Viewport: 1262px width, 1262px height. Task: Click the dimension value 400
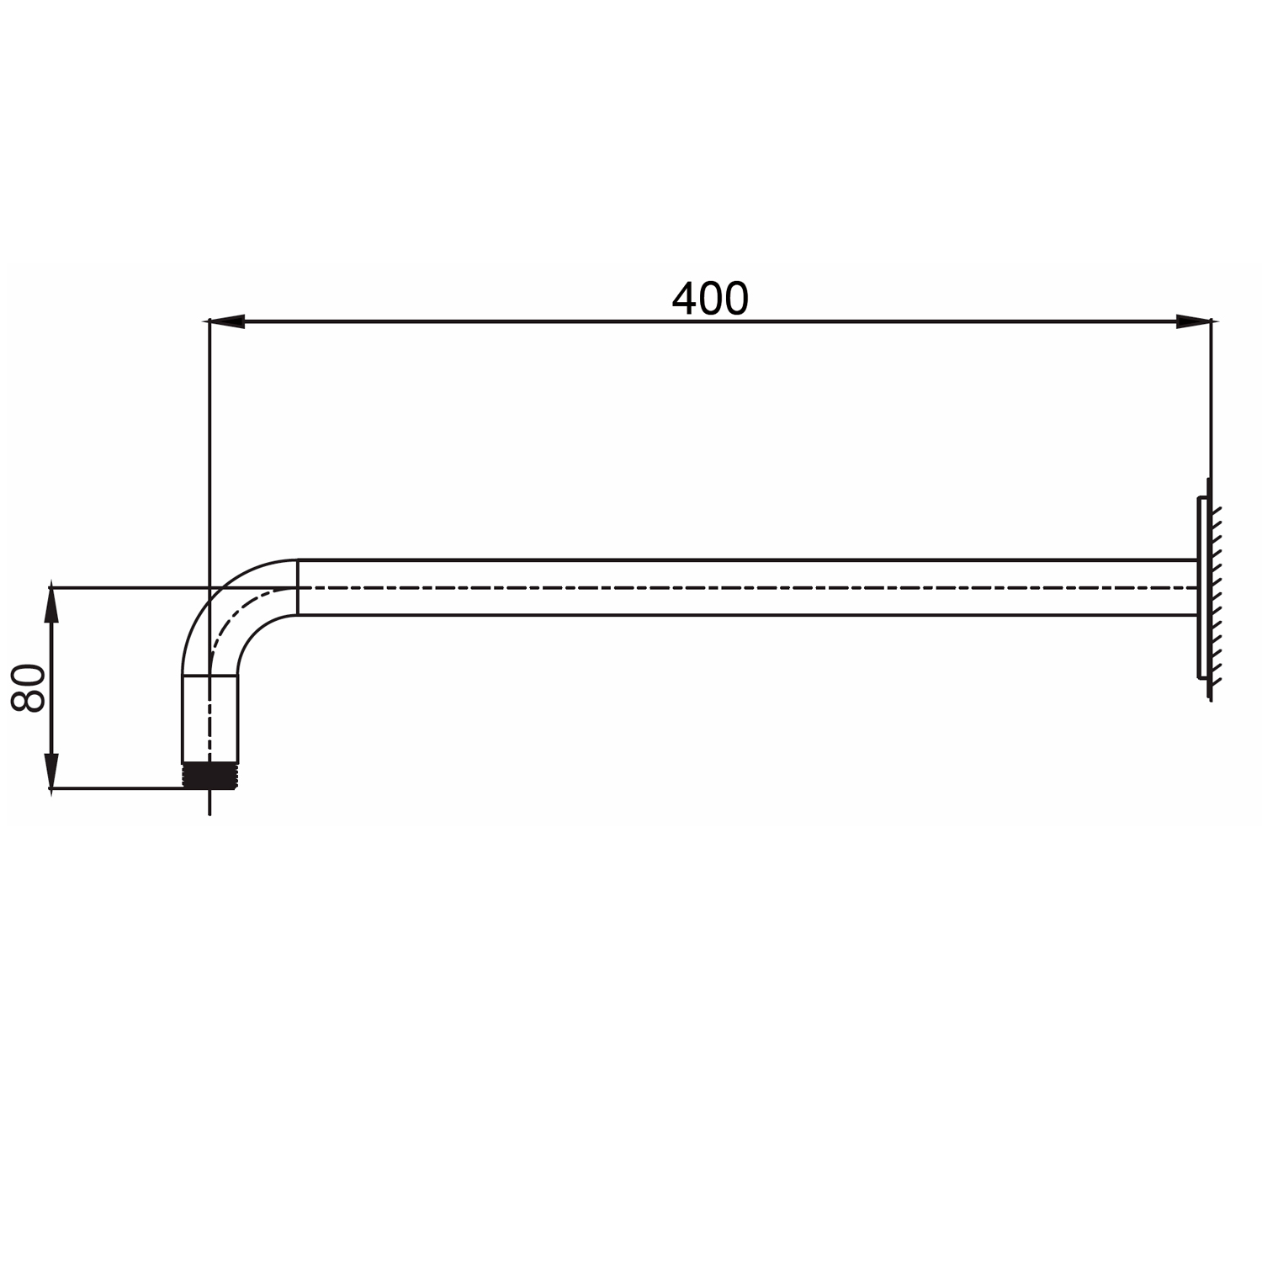(x=709, y=299)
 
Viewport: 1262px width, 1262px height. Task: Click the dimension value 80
(x=29, y=687)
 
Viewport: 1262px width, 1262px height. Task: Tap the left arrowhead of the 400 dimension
(x=225, y=321)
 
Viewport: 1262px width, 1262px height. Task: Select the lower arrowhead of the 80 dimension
(x=52, y=772)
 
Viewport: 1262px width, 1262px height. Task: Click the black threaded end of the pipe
(x=210, y=775)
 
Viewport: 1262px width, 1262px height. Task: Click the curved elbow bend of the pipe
(x=227, y=606)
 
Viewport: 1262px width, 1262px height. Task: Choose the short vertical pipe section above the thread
(x=210, y=719)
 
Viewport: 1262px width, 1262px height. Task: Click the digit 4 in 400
(x=684, y=299)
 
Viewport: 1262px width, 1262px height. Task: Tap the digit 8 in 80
(x=29, y=700)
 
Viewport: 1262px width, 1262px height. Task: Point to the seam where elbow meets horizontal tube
(x=298, y=587)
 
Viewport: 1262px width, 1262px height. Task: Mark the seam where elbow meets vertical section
(x=210, y=675)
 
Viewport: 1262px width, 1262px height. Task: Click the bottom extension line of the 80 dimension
(x=118, y=788)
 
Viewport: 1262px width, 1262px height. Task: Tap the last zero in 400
(x=735, y=299)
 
